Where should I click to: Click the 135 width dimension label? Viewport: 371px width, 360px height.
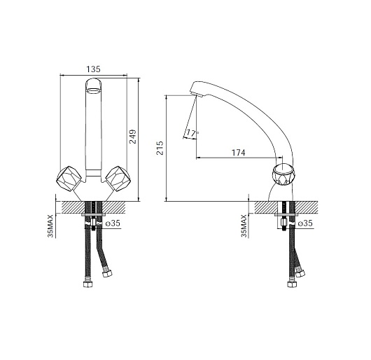coord(93,69)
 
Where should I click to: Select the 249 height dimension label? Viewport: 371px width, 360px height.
coord(132,137)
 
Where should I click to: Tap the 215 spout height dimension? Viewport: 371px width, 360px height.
coord(160,148)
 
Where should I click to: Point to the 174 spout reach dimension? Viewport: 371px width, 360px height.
coord(238,153)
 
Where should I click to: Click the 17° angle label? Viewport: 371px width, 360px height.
coord(192,133)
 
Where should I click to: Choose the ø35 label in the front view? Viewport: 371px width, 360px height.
coord(113,223)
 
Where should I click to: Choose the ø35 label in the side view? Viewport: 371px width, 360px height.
coord(305,223)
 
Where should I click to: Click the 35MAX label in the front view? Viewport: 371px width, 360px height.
coord(50,226)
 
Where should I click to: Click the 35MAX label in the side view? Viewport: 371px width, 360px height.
coord(244,226)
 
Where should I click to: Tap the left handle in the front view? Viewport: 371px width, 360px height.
coord(69,178)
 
